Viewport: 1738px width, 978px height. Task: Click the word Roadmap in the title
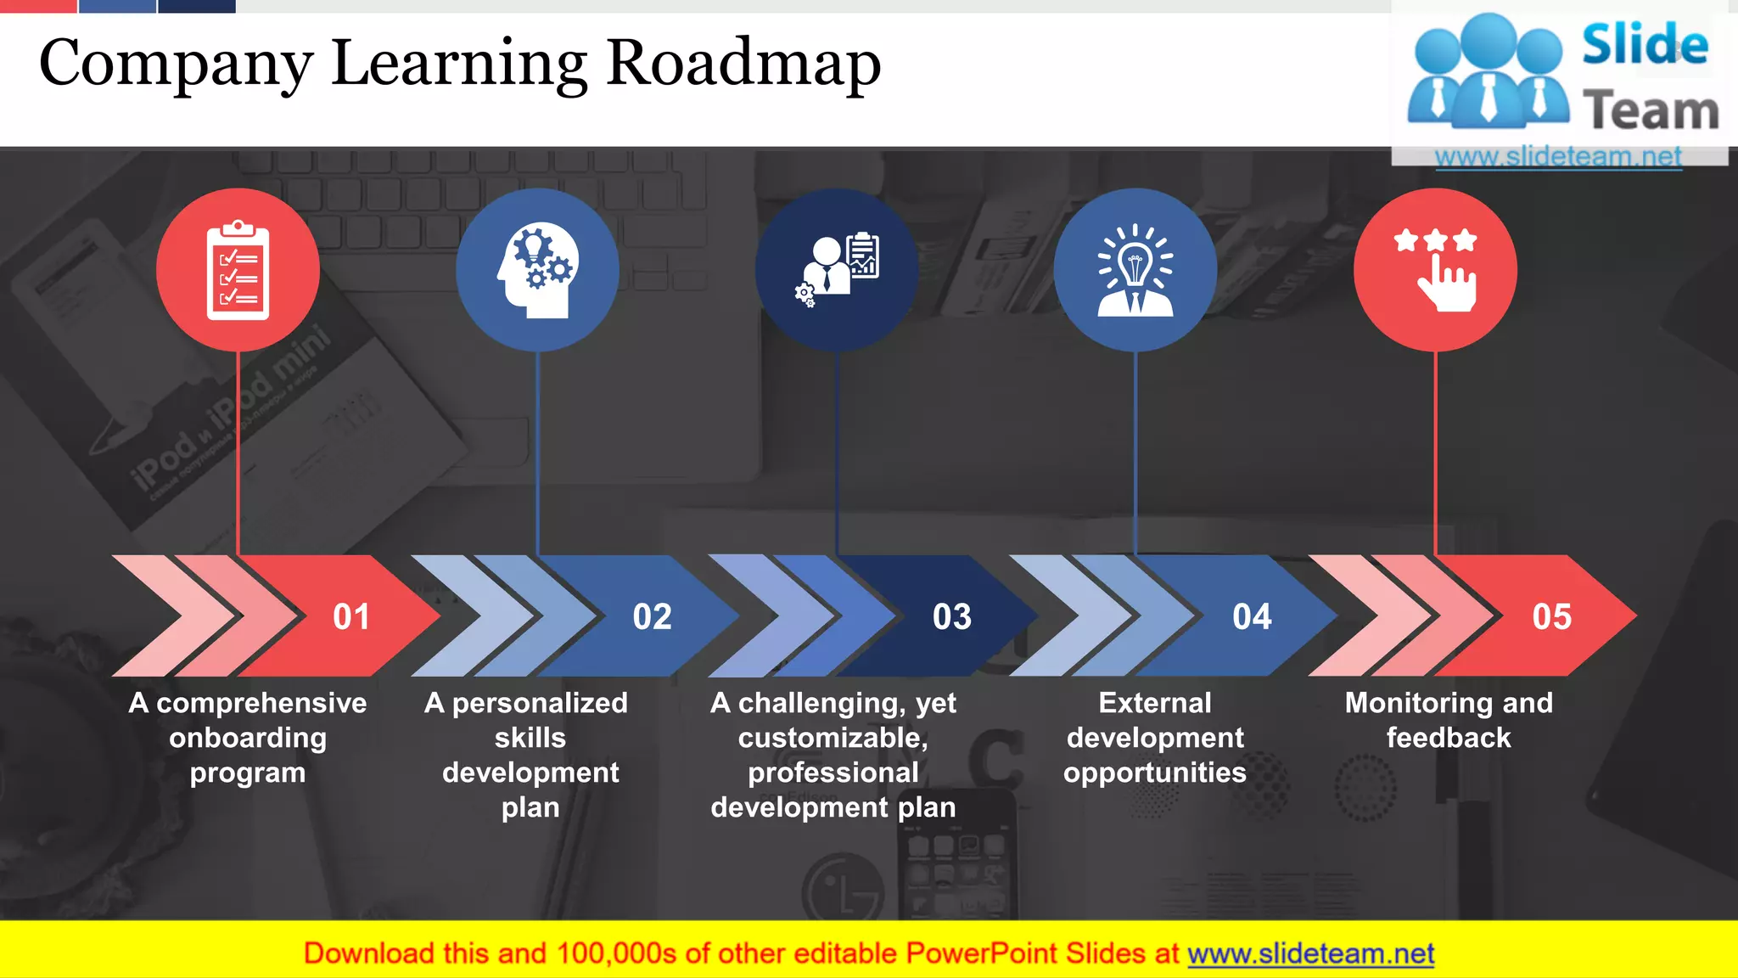(x=743, y=63)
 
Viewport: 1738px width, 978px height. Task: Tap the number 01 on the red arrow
(x=351, y=617)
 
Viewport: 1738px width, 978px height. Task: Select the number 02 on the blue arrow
(x=652, y=617)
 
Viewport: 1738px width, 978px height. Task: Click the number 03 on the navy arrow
(x=951, y=617)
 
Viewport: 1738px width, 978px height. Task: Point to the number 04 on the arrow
(x=1252, y=617)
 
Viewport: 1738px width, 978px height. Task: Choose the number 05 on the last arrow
(x=1551, y=617)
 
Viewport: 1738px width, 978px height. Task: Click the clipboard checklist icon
(x=238, y=270)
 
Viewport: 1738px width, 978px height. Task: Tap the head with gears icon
(x=537, y=270)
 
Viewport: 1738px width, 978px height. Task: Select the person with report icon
(x=837, y=270)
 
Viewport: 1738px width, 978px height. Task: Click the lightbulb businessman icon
(x=1135, y=270)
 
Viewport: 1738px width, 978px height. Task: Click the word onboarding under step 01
(x=248, y=738)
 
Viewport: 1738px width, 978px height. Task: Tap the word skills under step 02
(x=530, y=738)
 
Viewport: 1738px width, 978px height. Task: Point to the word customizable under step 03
(x=833, y=738)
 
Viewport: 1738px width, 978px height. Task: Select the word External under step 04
(x=1155, y=703)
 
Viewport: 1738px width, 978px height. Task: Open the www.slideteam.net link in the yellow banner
(x=1310, y=954)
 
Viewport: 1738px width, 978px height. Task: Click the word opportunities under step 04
(x=1155, y=773)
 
